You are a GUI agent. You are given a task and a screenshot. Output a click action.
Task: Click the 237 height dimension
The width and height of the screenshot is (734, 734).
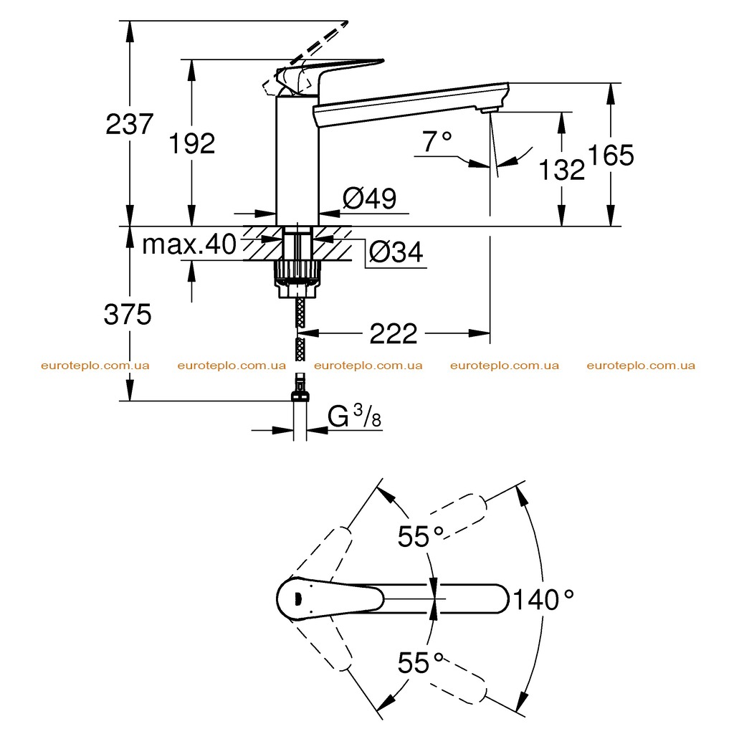[x=130, y=125]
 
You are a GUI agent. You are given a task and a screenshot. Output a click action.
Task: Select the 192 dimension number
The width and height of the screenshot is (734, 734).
[x=192, y=143]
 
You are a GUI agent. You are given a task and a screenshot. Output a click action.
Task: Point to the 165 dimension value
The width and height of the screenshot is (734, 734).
[x=611, y=155]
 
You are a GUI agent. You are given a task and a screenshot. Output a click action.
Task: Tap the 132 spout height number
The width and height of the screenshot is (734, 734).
[x=562, y=169]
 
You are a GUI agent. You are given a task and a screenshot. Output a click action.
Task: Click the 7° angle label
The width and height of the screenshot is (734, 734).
[x=437, y=142]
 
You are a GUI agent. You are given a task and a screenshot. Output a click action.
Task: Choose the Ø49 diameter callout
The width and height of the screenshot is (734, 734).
[x=370, y=199]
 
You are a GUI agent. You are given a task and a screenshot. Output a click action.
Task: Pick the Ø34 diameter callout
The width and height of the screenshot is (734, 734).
[x=396, y=252]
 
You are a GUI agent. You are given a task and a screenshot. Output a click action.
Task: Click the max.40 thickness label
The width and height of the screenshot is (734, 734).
[x=189, y=244]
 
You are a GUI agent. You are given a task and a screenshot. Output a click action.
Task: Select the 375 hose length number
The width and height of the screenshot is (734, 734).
[x=128, y=314]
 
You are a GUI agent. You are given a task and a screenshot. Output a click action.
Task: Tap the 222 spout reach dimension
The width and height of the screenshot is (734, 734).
[x=394, y=334]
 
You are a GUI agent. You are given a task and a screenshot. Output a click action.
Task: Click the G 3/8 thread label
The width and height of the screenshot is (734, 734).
[x=354, y=416]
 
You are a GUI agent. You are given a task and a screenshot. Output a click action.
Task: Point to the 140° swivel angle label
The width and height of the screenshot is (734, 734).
[x=543, y=600]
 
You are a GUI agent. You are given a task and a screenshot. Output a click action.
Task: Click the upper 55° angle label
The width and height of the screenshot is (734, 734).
[x=420, y=536]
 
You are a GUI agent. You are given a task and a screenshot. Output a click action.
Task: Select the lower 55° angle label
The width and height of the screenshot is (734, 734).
[x=420, y=663]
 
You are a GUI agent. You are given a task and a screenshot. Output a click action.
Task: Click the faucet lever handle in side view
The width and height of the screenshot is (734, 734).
[x=328, y=74]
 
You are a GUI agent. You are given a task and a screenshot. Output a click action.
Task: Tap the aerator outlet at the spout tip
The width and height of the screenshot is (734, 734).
[x=487, y=110]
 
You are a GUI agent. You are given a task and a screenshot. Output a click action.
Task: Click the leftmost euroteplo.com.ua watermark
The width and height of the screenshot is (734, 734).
[x=95, y=366]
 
